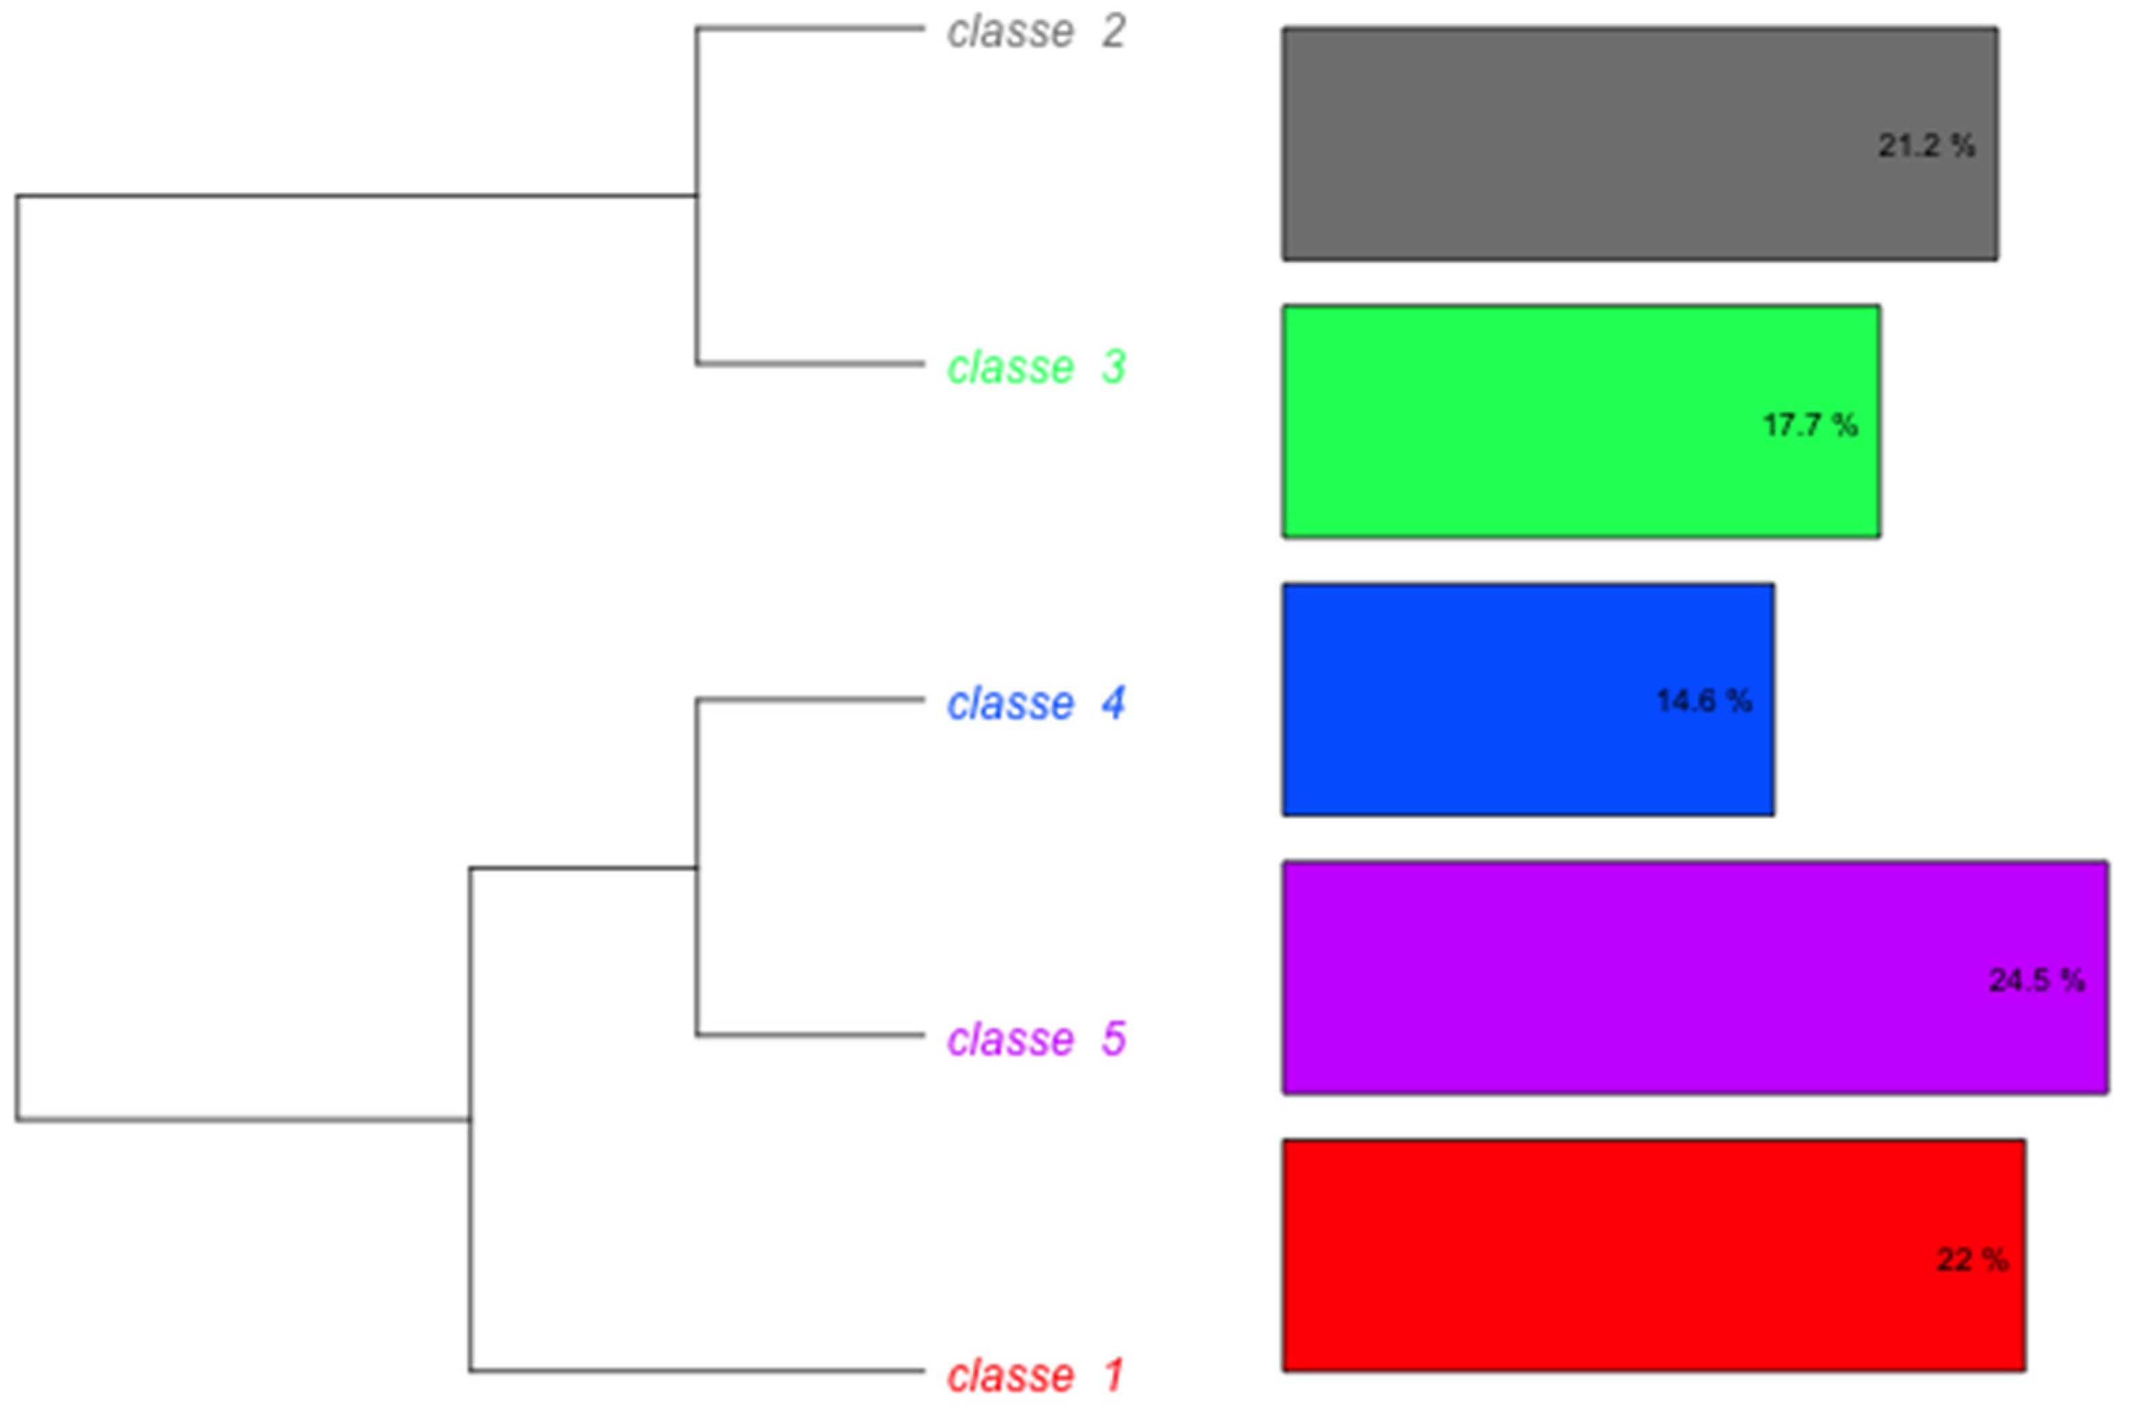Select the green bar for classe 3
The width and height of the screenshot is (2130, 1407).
(x=1581, y=422)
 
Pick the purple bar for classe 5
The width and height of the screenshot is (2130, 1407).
(x=1695, y=977)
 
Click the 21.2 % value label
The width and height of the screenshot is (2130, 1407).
(x=1926, y=145)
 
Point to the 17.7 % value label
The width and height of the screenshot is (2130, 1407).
(x=1810, y=424)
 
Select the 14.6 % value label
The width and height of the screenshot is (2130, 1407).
(x=1703, y=701)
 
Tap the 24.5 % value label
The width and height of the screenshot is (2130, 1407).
(x=2037, y=980)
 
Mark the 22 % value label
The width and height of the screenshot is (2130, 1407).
(x=1972, y=1260)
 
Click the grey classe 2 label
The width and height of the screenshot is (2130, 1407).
(x=1036, y=31)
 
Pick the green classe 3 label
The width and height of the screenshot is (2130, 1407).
(x=1036, y=367)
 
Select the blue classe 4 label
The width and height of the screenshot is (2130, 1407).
(x=1036, y=703)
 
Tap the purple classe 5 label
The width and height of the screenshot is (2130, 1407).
(x=1036, y=1039)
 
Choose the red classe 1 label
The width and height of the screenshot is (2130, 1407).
(x=1036, y=1376)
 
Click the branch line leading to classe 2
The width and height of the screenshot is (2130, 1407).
(x=810, y=29)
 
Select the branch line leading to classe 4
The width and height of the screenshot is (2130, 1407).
(x=810, y=699)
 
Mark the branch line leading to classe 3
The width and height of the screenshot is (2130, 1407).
(x=810, y=364)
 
